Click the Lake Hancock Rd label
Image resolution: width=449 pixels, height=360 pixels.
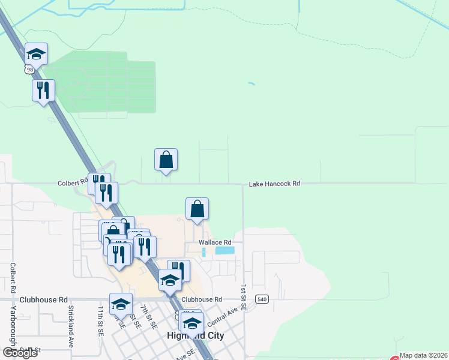click(x=274, y=184)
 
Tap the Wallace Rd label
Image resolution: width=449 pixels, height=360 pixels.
click(x=215, y=242)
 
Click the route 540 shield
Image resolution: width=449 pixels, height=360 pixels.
click(x=261, y=299)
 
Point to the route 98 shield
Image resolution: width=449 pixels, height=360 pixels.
click(x=29, y=70)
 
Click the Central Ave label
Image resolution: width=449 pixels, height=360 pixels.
click(x=222, y=313)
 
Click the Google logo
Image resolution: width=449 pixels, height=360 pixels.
click(x=20, y=353)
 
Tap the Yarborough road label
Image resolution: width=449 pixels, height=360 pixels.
click(x=13, y=327)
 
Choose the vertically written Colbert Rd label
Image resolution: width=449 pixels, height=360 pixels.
click(x=13, y=277)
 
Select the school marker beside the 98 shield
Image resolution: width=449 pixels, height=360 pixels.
click(x=37, y=54)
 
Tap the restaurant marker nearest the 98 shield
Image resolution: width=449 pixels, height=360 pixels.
click(x=43, y=90)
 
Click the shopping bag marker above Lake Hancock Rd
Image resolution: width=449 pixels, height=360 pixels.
click(x=166, y=160)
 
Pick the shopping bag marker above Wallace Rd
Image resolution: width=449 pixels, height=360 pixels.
click(x=197, y=209)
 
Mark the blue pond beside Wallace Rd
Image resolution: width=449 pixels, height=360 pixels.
click(x=224, y=250)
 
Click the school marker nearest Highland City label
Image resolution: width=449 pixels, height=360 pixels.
click(x=192, y=323)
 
